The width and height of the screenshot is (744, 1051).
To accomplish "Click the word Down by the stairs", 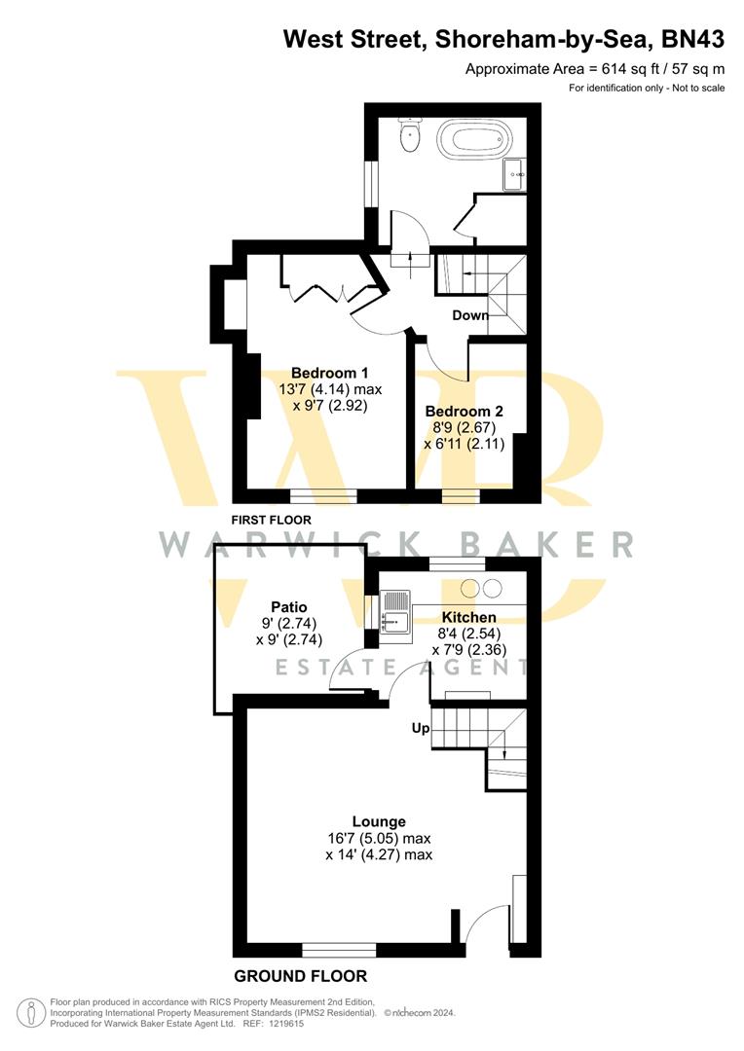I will point(470,315).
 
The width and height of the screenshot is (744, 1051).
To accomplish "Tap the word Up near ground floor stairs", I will point(421,728).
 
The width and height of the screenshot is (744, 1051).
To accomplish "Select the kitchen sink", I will point(395,618).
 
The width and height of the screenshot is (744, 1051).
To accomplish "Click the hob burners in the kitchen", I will point(480,588).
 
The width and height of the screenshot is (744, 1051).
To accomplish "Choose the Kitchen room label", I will point(468,618).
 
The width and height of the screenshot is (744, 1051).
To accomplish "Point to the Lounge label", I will point(379,821).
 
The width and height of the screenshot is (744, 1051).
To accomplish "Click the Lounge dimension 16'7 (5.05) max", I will point(379,838).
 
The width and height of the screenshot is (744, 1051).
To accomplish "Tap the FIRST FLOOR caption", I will point(271,520).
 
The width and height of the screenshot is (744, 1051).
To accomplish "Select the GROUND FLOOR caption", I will point(300,976).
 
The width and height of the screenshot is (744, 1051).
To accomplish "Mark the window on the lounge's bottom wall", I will point(339,949).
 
